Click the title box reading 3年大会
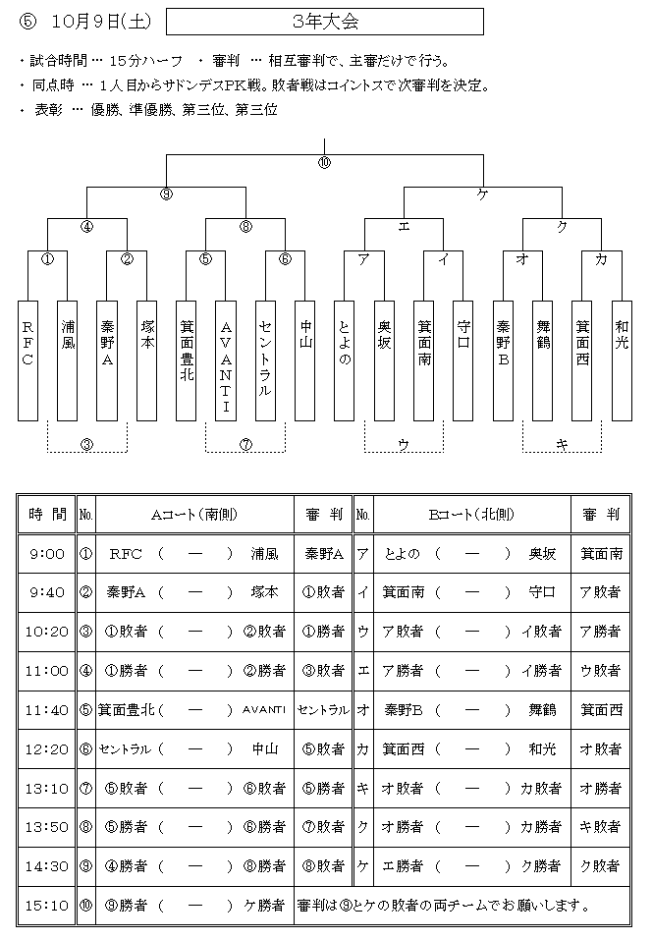tap(325, 22)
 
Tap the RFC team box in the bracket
tap(28, 360)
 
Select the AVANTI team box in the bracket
tap(226, 360)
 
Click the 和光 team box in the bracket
tap(622, 360)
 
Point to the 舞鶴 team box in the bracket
tap(542, 360)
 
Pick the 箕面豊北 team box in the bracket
tap(187, 360)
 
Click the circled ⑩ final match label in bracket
tap(324, 162)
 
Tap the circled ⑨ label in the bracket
tap(167, 194)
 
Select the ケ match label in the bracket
tap(482, 194)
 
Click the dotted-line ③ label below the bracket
tap(86, 445)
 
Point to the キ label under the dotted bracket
tap(562, 445)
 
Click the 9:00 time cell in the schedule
tap(47, 553)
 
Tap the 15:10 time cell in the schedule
tap(47, 906)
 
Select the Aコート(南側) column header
tap(194, 515)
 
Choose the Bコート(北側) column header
tap(472, 515)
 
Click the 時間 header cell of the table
tap(47, 515)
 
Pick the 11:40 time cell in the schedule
tap(47, 710)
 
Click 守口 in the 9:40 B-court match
tap(542, 592)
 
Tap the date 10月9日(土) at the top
tap(101, 22)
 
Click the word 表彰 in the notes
tap(48, 110)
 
